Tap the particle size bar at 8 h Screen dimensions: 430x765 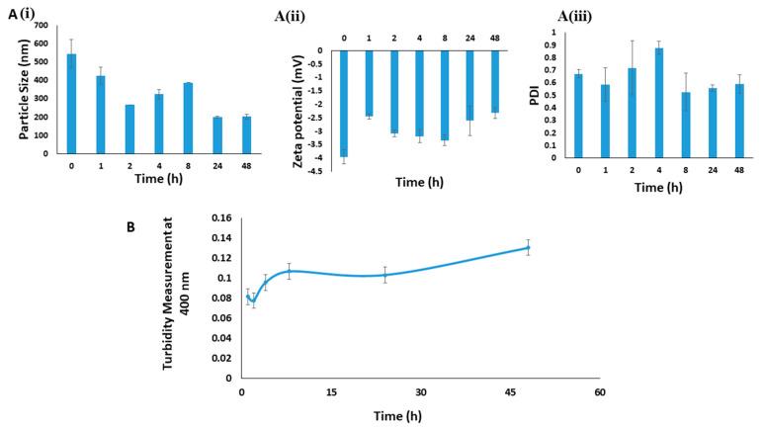tap(187, 119)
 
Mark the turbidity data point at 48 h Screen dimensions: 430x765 tap(528, 248)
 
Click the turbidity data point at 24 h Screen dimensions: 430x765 tap(384, 275)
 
